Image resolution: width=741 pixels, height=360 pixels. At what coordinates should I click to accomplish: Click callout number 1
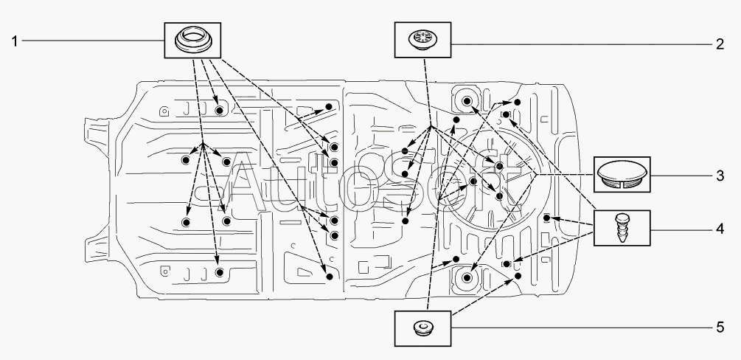[x=15, y=41]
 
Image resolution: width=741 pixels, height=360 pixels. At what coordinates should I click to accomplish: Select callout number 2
[x=720, y=44]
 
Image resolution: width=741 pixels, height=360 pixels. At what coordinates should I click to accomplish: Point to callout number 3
[x=720, y=176]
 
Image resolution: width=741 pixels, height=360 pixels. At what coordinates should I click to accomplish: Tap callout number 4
[x=720, y=229]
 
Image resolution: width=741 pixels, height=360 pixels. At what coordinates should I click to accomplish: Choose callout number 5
[x=720, y=327]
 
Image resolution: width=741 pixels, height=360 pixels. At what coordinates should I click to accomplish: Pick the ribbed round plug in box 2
[x=422, y=39]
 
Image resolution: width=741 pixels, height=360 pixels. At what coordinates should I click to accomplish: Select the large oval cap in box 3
[x=622, y=174]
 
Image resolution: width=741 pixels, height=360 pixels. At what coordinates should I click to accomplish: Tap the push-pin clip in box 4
[x=622, y=227]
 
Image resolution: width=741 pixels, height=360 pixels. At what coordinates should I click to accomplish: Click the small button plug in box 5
[x=422, y=328]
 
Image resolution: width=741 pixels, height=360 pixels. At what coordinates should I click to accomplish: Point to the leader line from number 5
[x=582, y=327]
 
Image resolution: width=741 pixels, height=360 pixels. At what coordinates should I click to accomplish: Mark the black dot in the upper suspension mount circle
[x=467, y=101]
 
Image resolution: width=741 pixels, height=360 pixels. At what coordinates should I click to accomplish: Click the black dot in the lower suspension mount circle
[x=467, y=277]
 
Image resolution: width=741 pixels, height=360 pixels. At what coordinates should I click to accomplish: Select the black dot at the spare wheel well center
[x=499, y=165]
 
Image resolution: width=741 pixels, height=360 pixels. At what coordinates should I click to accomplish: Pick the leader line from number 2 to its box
[x=582, y=44]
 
